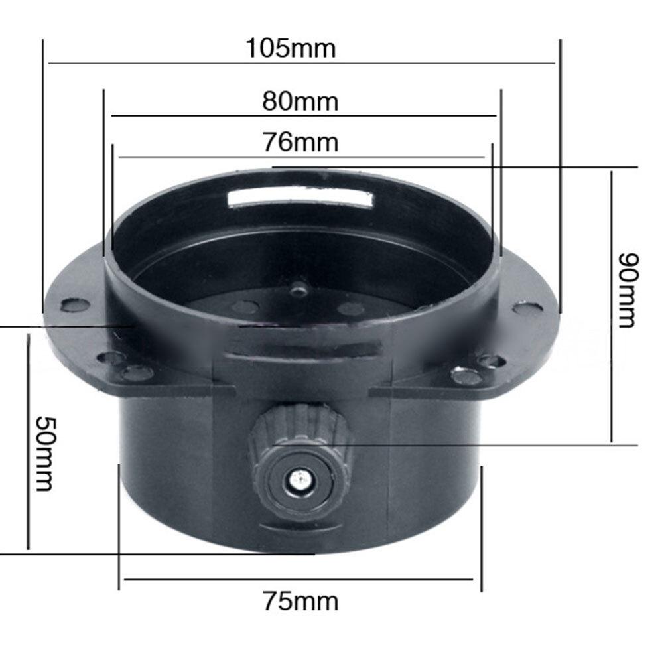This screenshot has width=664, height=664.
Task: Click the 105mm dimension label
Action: pyautogui.click(x=291, y=48)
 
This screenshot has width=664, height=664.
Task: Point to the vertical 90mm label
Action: pyautogui.click(x=626, y=290)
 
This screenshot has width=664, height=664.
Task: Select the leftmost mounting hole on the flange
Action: pyautogui.click(x=75, y=305)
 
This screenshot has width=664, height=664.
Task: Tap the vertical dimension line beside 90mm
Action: pyautogui.click(x=612, y=305)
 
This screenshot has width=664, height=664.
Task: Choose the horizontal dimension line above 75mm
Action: pyautogui.click(x=299, y=579)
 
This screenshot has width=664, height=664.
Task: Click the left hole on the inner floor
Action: pyautogui.click(x=245, y=307)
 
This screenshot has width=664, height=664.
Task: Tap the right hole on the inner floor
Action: pyautogui.click(x=351, y=308)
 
